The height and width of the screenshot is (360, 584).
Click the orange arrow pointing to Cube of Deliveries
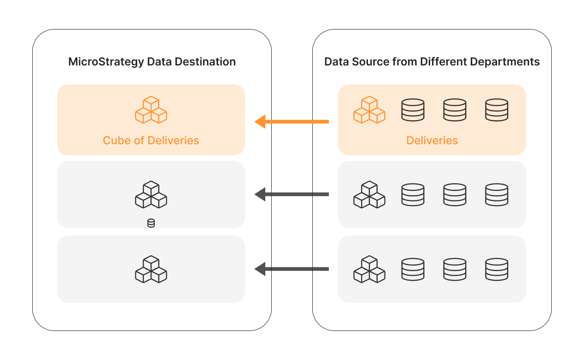coord(292,122)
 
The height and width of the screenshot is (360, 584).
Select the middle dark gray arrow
coord(292,194)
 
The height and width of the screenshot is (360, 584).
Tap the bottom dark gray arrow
coord(292,269)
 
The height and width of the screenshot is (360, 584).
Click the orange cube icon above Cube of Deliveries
coord(151,110)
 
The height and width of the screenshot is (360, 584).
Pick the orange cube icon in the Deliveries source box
coord(369,110)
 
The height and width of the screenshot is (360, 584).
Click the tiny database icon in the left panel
coord(151,223)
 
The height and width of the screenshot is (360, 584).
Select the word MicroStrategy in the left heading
coord(106,62)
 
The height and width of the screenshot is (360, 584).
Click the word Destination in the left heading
coord(205,62)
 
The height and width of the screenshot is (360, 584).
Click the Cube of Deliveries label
coord(151,140)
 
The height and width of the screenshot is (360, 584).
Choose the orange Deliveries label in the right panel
coord(432,140)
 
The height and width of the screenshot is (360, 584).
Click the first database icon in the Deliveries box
coord(413,110)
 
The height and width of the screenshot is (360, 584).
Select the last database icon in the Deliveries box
coord(496,110)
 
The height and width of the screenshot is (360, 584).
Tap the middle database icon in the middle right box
coord(455,195)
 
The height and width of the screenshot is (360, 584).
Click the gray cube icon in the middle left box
coord(151,195)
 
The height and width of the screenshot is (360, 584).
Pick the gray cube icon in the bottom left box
coord(151,269)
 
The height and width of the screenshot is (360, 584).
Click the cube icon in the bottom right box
coord(369,269)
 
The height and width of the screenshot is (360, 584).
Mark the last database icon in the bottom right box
coord(496,269)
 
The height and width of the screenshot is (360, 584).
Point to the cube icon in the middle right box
coord(369,195)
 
